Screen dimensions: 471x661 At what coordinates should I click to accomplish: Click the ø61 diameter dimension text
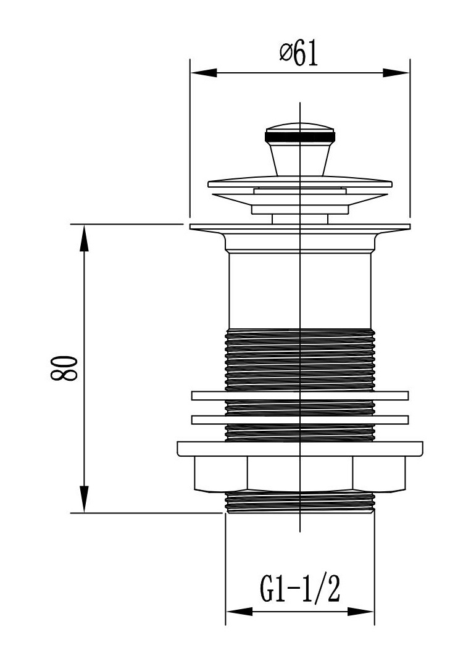299,54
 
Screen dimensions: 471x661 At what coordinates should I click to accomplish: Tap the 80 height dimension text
65,368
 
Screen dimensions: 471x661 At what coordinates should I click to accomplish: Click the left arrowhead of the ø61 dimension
203,73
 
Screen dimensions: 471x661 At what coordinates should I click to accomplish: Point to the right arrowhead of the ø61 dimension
396,73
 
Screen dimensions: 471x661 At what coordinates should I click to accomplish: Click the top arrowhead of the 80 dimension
85,238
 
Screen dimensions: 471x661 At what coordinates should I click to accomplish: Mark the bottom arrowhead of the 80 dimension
85,499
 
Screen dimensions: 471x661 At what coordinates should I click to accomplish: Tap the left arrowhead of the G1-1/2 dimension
239,611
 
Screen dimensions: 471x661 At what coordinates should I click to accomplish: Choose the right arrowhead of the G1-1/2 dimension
361,611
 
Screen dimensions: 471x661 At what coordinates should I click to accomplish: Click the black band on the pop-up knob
300,136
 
